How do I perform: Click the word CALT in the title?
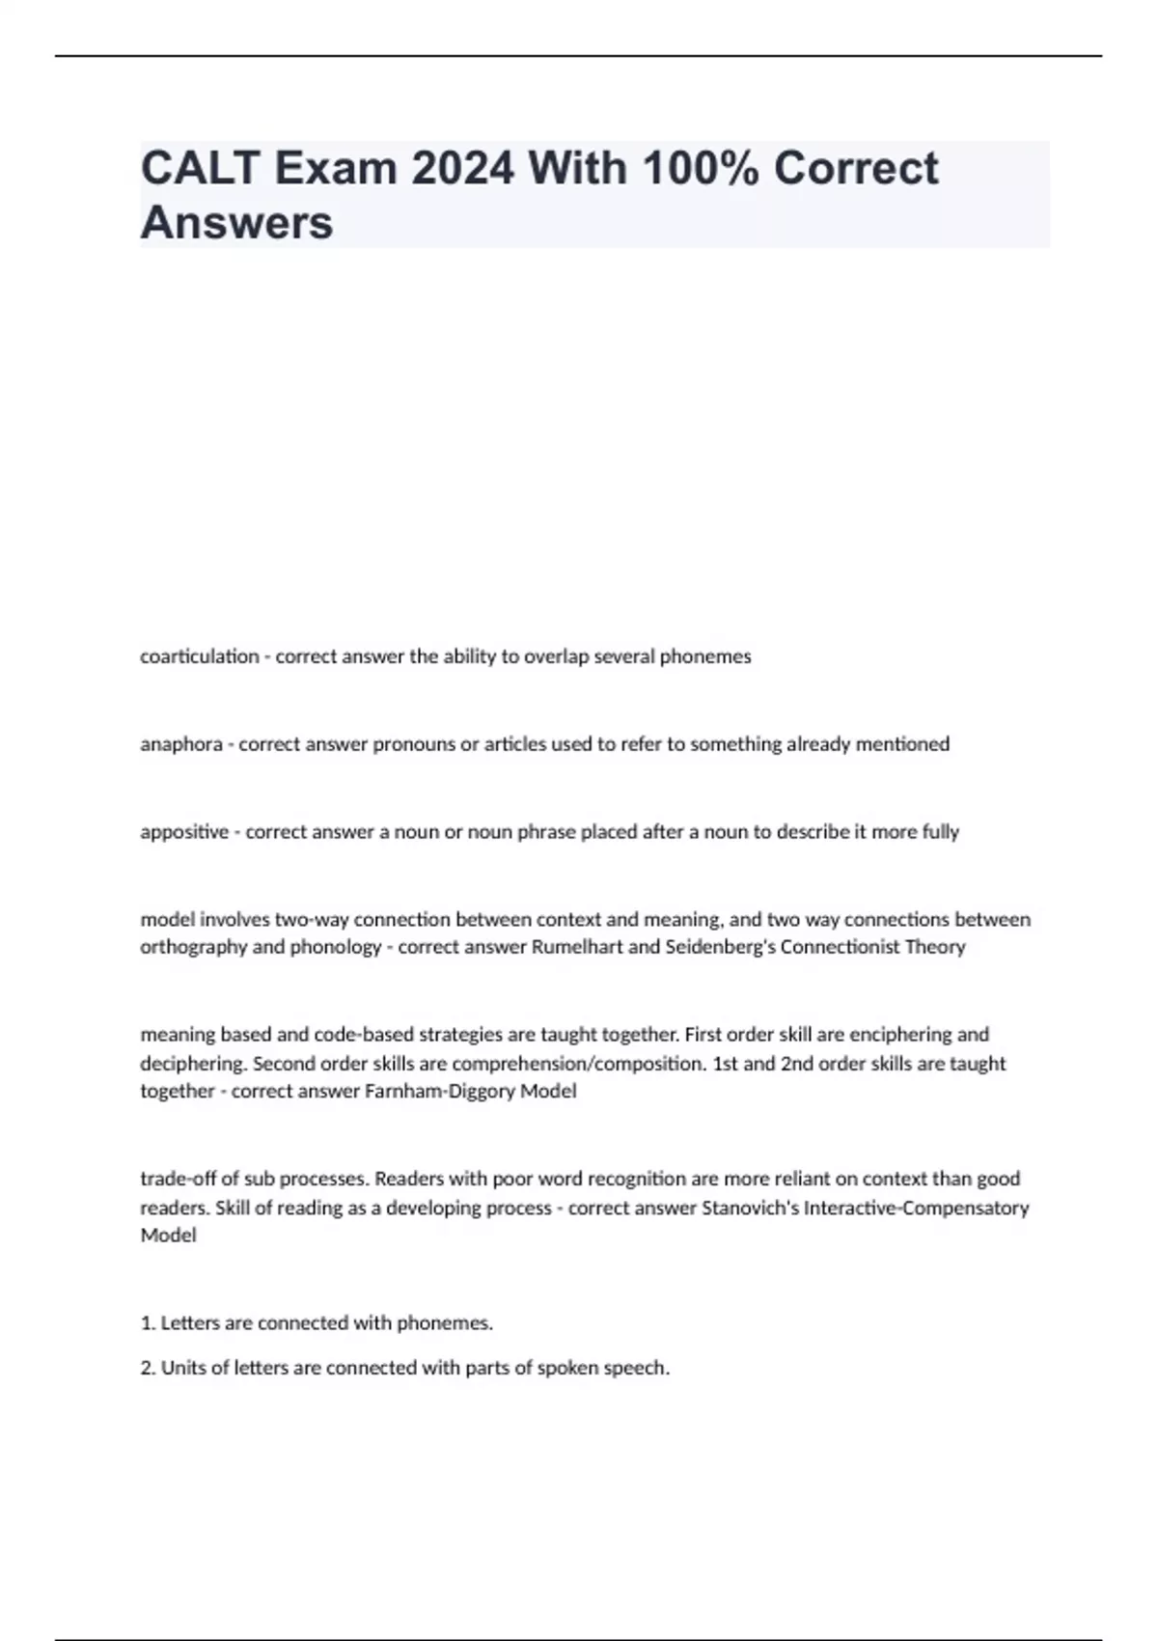click(199, 168)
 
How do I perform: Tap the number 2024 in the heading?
click(462, 168)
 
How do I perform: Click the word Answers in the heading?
click(236, 223)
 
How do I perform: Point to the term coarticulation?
click(200, 656)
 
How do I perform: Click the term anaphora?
click(181, 744)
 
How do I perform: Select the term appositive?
click(184, 832)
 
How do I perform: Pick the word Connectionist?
click(841, 947)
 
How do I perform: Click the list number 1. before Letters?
click(149, 1323)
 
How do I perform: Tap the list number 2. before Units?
click(149, 1368)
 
